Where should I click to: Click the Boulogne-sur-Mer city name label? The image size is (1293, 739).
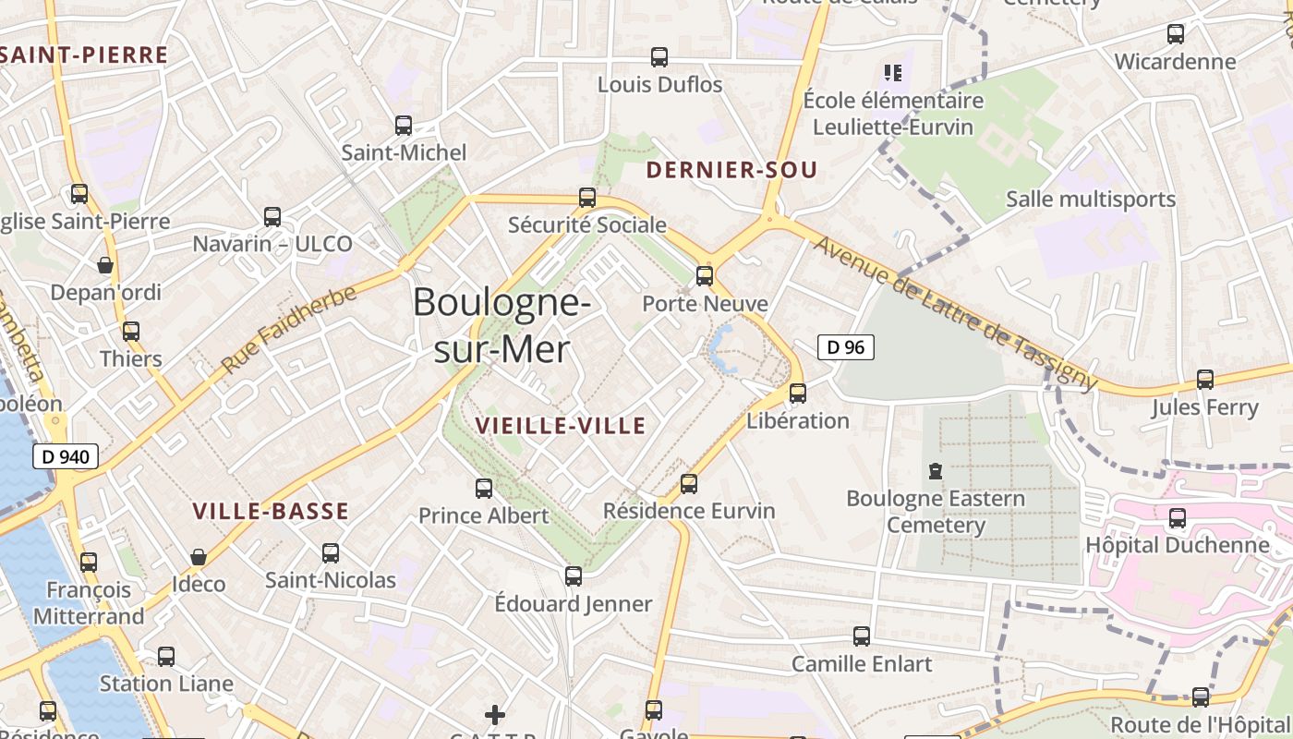(501, 325)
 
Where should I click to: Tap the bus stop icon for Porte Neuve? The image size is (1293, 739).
(705, 275)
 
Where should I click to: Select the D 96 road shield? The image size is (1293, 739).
(845, 347)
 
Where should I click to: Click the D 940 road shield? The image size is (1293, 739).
(65, 455)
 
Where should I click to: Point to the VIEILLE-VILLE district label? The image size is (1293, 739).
(560, 426)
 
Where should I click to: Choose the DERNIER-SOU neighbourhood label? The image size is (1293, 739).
(731, 170)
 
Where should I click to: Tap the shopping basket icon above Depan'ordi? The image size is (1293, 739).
(105, 265)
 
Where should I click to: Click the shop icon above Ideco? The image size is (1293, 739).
(198, 557)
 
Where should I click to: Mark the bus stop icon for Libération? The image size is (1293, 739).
(798, 393)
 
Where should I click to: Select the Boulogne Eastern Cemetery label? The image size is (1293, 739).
(936, 512)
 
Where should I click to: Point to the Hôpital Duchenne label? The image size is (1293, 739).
(1177, 545)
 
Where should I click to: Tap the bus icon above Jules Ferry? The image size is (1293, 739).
(1204, 379)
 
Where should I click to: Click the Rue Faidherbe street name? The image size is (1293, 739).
(288, 330)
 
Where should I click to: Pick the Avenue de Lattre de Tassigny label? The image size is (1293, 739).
(956, 314)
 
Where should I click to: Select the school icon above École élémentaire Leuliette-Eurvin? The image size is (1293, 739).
(892, 72)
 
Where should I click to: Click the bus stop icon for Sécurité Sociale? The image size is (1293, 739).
(587, 197)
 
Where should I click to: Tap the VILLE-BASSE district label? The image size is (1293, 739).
(271, 512)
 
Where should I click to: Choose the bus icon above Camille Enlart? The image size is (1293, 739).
(862, 636)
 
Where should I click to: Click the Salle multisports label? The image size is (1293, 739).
(1090, 200)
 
